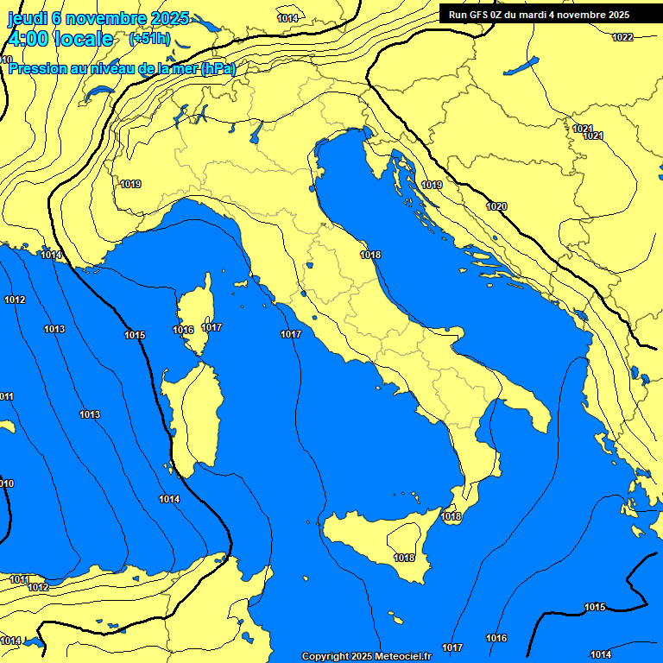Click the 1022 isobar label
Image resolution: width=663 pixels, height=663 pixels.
(x=622, y=37)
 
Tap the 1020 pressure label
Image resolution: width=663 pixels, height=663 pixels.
(x=496, y=206)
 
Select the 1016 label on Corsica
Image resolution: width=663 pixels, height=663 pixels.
(x=183, y=330)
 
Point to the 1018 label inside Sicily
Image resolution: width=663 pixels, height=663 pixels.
(x=404, y=558)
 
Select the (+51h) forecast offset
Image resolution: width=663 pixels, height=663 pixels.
(x=149, y=39)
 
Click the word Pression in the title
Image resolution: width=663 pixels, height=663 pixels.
(x=40, y=68)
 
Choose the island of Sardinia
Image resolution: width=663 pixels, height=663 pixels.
(x=195, y=419)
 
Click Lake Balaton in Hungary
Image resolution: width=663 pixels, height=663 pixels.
(x=521, y=66)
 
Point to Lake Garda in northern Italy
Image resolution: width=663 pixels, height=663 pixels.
(x=256, y=132)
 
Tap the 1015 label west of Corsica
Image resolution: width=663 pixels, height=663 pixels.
(x=135, y=335)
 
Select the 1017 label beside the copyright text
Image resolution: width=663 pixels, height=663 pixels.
(x=452, y=647)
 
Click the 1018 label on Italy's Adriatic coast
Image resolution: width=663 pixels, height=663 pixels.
(x=371, y=255)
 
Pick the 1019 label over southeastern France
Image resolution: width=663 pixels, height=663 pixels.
(x=131, y=184)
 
